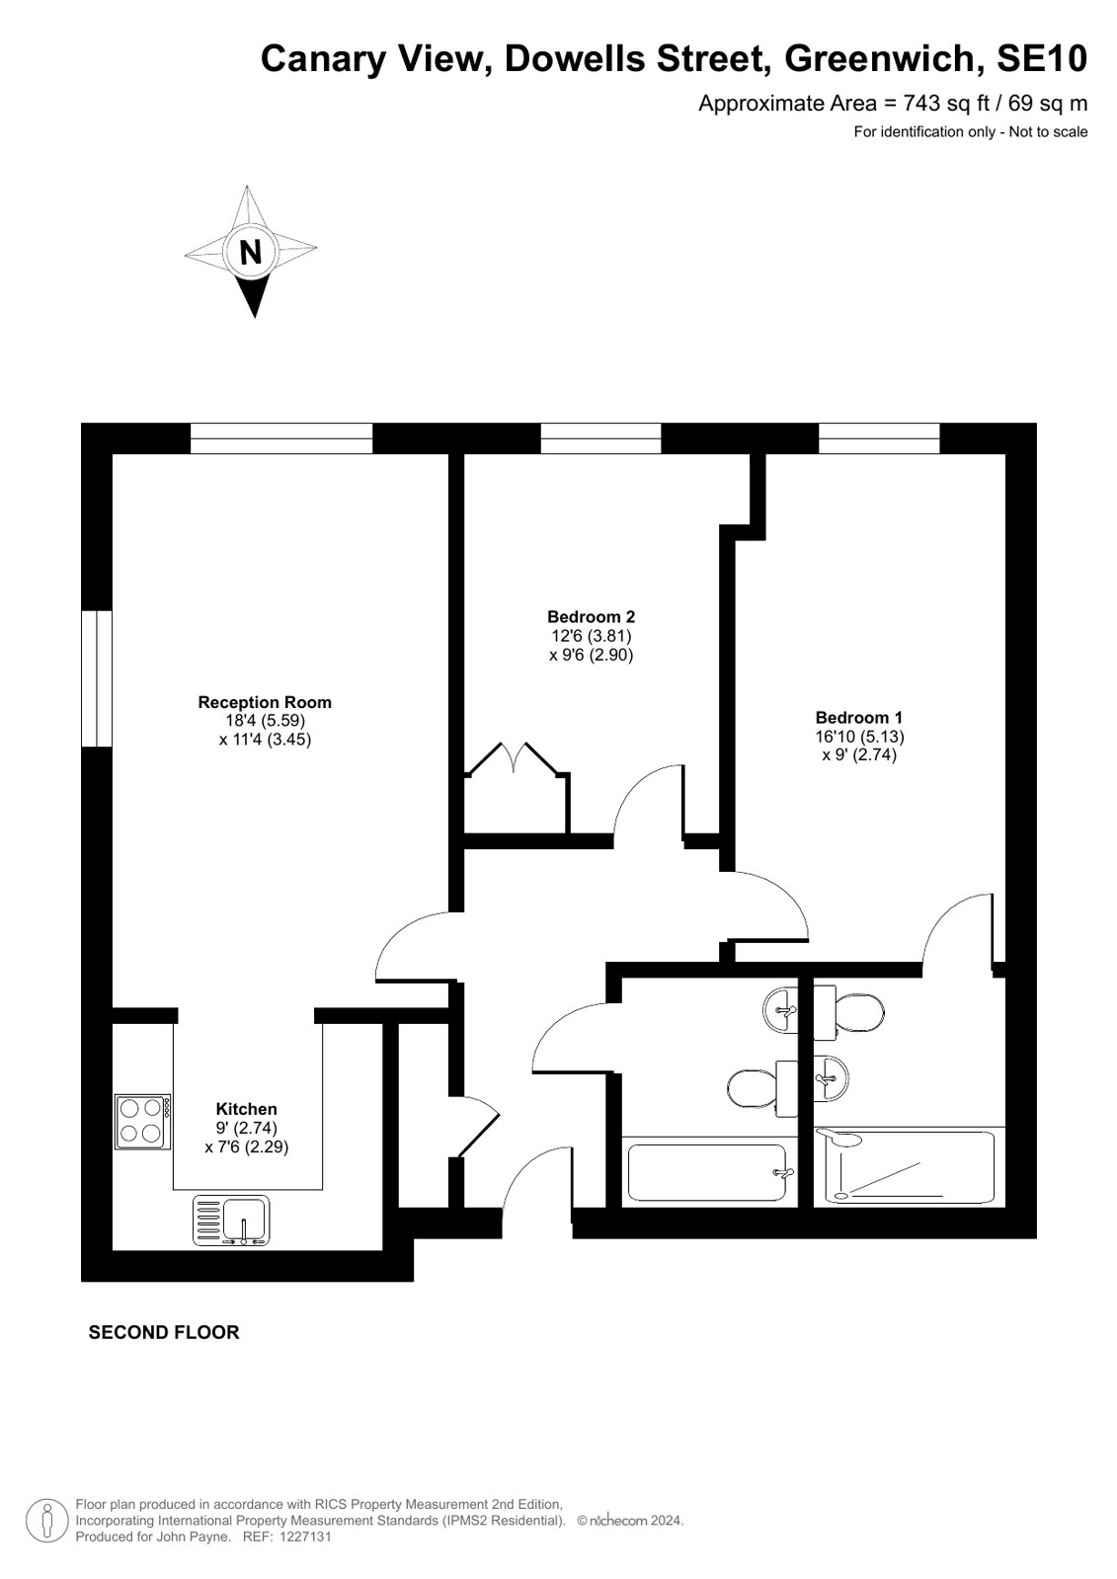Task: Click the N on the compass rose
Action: [x=250, y=252]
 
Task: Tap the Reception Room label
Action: [x=265, y=702]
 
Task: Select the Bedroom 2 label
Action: [x=591, y=617]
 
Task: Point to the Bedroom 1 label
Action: [x=859, y=718]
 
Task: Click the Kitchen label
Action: [x=246, y=1109]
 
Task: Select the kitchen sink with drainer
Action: [x=230, y=1221]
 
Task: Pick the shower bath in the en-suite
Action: [x=905, y=1166]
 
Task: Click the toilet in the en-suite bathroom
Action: [x=848, y=1014]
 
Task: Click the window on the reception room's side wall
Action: [x=97, y=678]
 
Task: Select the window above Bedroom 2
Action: [x=600, y=438]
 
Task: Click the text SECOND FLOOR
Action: [x=164, y=1332]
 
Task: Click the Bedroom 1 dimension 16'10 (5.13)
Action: [x=859, y=737]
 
